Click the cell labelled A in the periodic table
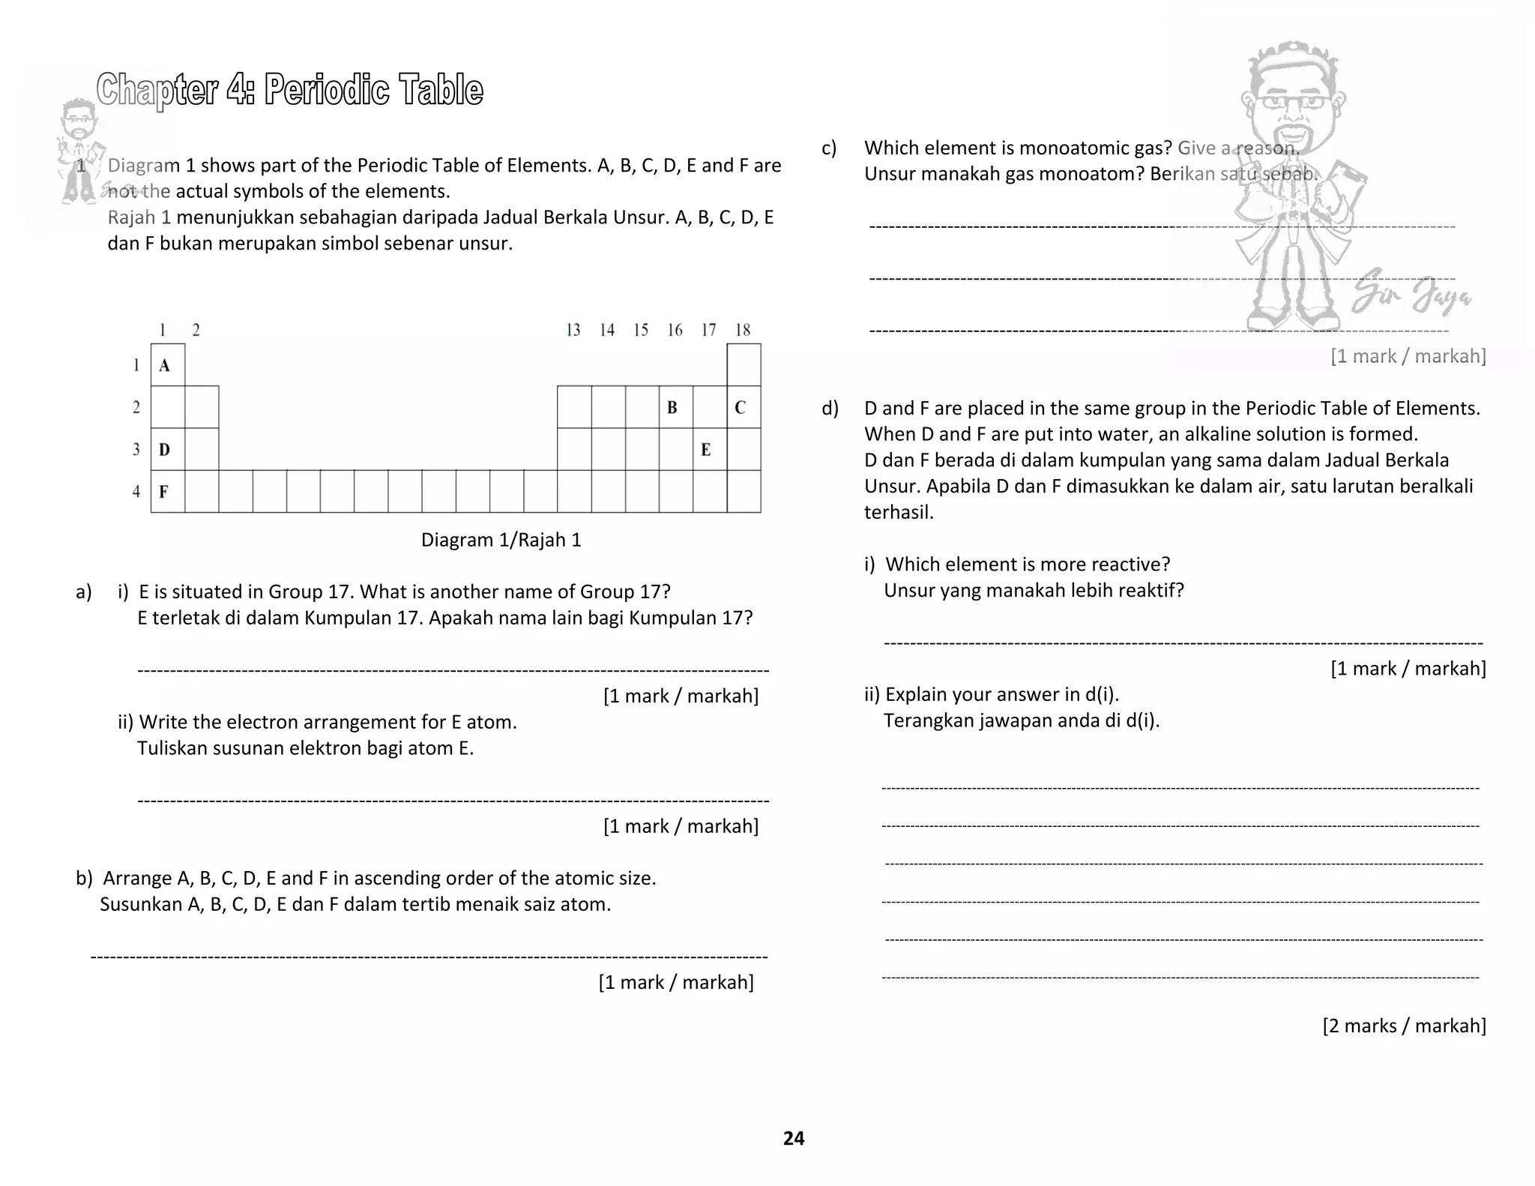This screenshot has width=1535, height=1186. coord(167,365)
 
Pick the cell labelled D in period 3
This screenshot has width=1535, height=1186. coord(167,450)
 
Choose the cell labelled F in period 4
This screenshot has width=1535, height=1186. coord(167,492)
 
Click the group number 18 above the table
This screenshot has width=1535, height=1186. coord(743,330)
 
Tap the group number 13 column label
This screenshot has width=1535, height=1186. coord(573,330)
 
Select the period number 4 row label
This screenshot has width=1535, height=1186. coord(136,492)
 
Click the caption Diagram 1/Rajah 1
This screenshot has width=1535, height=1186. coord(501,540)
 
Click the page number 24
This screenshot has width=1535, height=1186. coord(794,1138)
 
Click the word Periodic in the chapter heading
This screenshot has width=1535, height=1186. coord(327,90)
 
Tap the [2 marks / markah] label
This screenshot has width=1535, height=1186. coord(1404,1025)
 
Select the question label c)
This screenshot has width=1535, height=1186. coord(829,148)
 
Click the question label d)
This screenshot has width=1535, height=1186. coord(830,409)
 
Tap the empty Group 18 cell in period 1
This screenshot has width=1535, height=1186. coord(744,365)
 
